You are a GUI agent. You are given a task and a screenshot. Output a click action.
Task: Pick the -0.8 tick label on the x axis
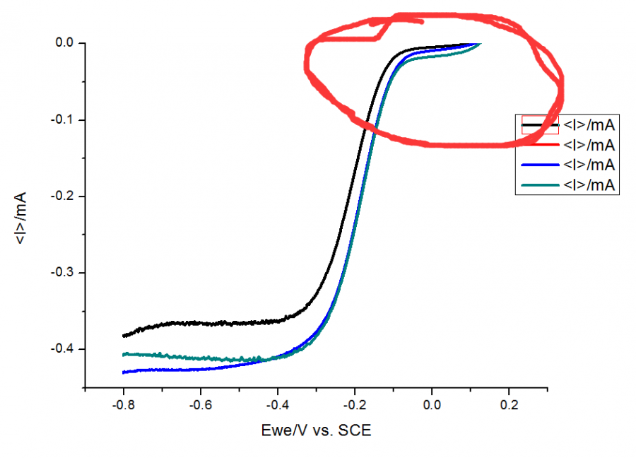click(x=123, y=406)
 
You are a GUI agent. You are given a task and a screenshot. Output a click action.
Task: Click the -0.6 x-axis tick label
click(x=200, y=406)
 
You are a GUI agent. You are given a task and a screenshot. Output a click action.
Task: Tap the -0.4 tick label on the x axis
click(x=277, y=406)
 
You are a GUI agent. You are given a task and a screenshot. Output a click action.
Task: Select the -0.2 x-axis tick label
click(x=354, y=406)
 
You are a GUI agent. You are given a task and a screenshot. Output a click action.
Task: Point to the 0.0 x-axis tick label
click(x=432, y=406)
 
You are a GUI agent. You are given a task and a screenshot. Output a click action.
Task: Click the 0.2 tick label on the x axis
click(x=509, y=406)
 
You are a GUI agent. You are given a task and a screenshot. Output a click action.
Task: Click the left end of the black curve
click(x=124, y=336)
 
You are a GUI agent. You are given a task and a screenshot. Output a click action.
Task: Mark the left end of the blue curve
click(x=124, y=372)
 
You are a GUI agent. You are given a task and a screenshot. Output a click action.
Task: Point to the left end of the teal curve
click(x=124, y=354)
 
